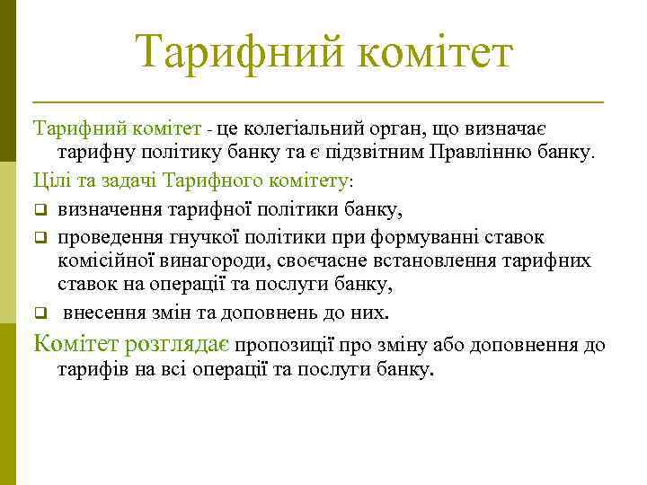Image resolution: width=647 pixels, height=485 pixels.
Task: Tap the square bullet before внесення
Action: pos(40,313)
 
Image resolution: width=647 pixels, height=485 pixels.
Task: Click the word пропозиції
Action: pos(285,344)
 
